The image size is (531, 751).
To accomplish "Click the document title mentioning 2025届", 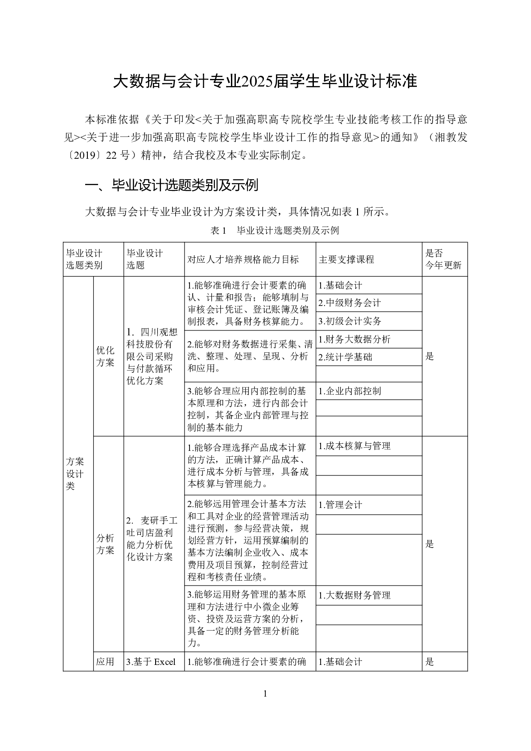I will click(265, 82).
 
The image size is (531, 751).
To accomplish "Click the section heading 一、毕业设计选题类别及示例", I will click(172, 185).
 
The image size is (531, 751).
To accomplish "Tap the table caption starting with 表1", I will click(275, 231).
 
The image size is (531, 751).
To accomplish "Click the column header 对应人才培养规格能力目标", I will click(243, 260).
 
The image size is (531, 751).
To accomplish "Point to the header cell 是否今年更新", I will click(443, 260).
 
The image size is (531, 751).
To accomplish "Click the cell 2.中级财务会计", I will click(350, 303).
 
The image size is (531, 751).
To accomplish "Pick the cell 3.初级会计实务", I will click(350, 321).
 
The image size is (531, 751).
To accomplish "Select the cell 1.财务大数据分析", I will click(354, 339).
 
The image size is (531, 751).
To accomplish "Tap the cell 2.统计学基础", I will click(345, 357).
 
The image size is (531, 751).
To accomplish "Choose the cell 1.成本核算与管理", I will click(354, 446).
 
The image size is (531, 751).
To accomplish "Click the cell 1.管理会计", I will click(340, 505).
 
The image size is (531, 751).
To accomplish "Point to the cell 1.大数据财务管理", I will click(354, 595).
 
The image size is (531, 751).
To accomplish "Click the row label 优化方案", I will click(105, 356).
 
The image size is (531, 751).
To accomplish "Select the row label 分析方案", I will click(105, 544).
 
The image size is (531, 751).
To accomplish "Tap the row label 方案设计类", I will click(75, 474).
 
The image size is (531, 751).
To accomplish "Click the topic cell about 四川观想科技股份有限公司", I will click(152, 356).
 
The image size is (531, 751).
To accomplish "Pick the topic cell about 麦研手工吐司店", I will click(152, 539).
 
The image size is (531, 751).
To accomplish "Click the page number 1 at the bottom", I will click(265, 693).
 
